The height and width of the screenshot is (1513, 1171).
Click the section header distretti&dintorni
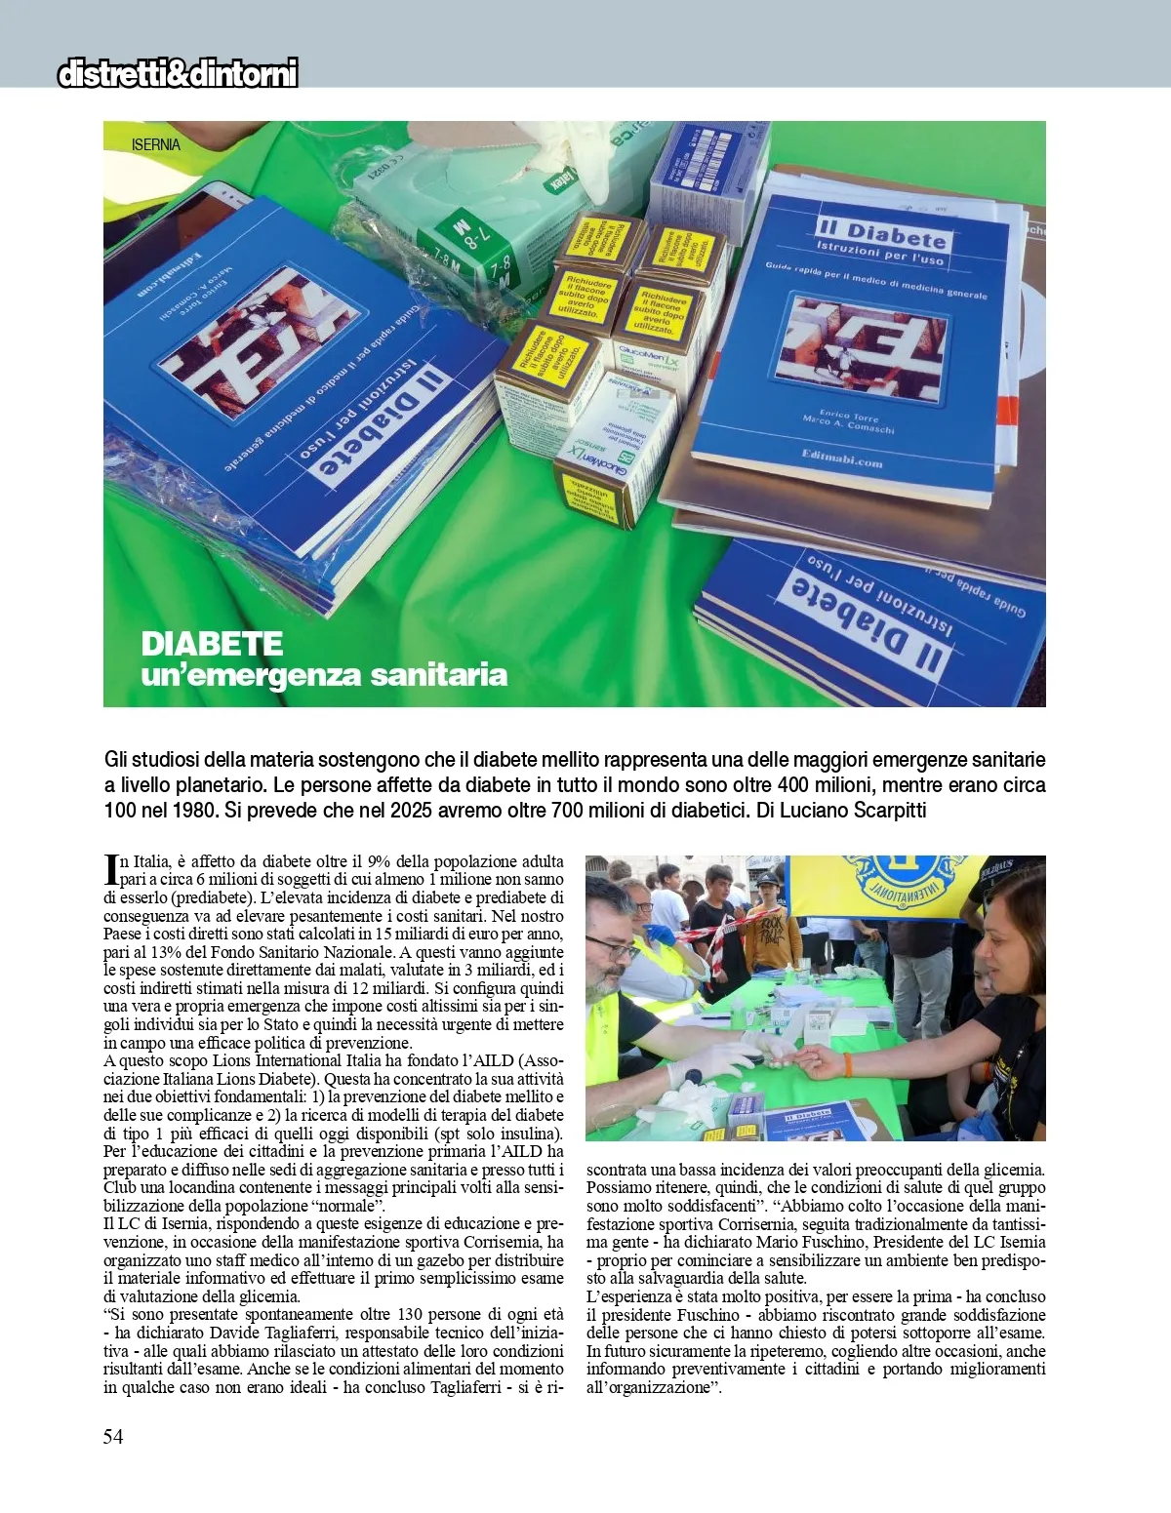coord(178,74)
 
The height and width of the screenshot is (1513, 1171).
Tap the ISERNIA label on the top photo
coord(156,144)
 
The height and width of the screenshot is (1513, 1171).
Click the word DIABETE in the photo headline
coord(212,644)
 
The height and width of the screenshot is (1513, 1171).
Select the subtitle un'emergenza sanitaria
coord(324,675)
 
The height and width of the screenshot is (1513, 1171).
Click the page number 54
coord(113,1436)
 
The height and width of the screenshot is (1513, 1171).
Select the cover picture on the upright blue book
coord(862,348)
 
